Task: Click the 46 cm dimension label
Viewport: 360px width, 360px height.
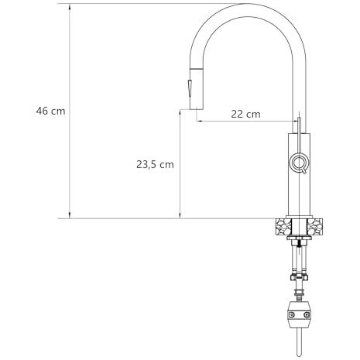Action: pos(50,111)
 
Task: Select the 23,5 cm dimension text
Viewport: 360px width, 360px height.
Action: pos(155,164)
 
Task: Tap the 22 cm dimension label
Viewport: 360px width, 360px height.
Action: pos(245,114)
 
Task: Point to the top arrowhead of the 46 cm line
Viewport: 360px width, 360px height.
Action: pos(70,7)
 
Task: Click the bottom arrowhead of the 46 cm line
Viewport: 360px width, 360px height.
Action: pos(70,215)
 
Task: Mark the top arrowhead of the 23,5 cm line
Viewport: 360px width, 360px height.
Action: pos(180,113)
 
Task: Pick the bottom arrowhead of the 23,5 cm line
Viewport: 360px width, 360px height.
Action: pos(180,215)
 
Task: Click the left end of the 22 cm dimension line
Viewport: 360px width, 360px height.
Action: pos(197,121)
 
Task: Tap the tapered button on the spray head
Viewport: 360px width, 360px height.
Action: pos(189,88)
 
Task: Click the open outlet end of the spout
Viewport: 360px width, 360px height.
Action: pos(197,109)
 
